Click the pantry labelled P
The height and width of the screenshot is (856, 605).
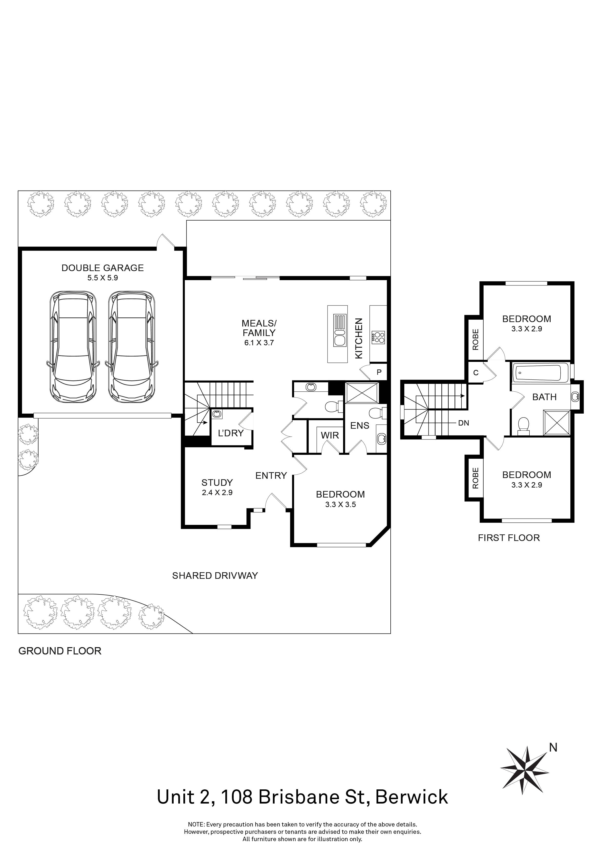(x=379, y=372)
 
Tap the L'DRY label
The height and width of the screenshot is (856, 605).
(x=231, y=433)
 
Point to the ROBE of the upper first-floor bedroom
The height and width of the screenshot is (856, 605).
(x=475, y=339)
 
